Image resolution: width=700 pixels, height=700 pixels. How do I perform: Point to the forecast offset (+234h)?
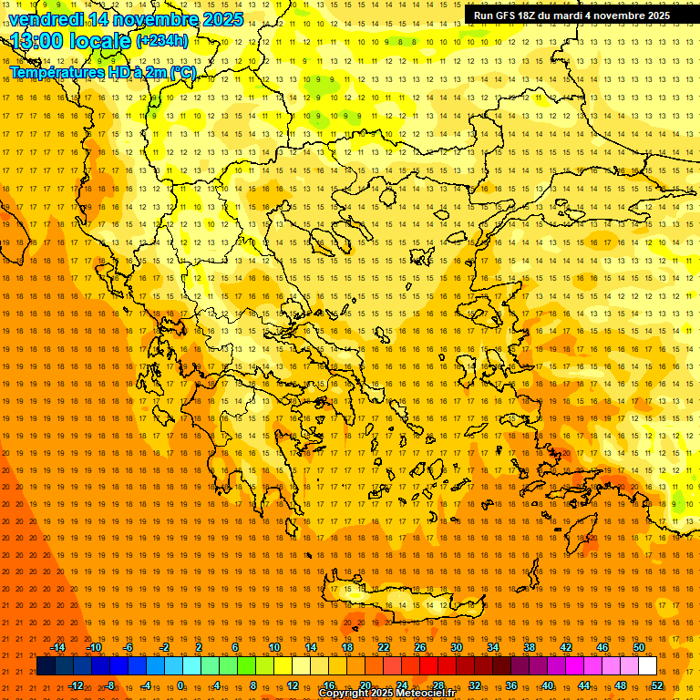coord(162,40)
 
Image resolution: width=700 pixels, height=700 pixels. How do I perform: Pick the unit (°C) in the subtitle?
coord(181,72)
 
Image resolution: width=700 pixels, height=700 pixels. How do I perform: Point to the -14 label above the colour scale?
coord(57,647)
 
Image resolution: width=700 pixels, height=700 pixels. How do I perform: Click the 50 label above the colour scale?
coord(639,647)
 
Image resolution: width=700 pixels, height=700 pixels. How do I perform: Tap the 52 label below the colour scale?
coord(656,685)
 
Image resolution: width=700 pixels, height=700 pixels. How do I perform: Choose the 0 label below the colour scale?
coord(181,685)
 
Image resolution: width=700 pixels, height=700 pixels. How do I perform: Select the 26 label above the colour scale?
coord(420,647)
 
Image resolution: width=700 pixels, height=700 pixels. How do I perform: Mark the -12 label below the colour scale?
coord(76,685)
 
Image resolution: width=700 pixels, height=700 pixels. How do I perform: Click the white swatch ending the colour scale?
coord(647,665)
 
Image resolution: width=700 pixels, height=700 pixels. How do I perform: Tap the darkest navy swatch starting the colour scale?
coord(46,665)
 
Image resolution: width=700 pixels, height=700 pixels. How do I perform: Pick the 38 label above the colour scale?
coord(530,647)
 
